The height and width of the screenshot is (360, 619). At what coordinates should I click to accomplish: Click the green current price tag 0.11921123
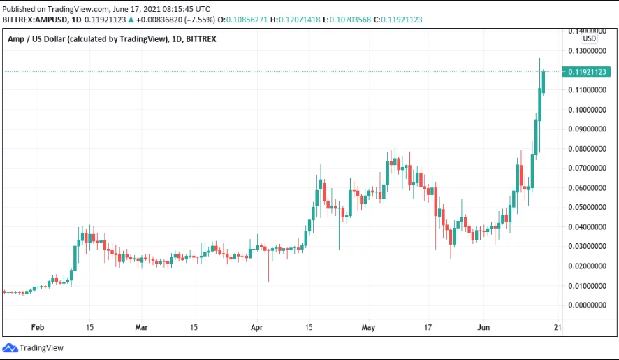pos(589,71)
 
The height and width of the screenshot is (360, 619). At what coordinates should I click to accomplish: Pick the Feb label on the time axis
pos(38,327)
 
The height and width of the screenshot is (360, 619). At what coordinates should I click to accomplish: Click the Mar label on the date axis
pos(142,327)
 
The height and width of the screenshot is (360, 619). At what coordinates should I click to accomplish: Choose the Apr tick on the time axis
pos(256,327)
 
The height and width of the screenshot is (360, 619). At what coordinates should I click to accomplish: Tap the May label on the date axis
pos(369,327)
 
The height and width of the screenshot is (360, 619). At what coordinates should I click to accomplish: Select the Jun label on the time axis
pos(483,327)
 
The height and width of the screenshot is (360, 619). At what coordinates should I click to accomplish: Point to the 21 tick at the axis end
pos(557,327)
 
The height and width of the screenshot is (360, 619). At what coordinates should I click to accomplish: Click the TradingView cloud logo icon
pos(10,347)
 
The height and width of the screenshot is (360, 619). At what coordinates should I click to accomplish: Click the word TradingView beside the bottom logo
pos(41,348)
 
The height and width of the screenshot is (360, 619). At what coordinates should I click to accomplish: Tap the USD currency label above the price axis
pos(589,39)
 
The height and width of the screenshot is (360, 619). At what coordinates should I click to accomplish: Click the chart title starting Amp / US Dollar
pos(112,39)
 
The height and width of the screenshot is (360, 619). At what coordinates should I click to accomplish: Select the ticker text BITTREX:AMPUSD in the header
pos(34,20)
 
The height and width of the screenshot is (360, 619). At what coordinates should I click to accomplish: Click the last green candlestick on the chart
pos(544,80)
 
